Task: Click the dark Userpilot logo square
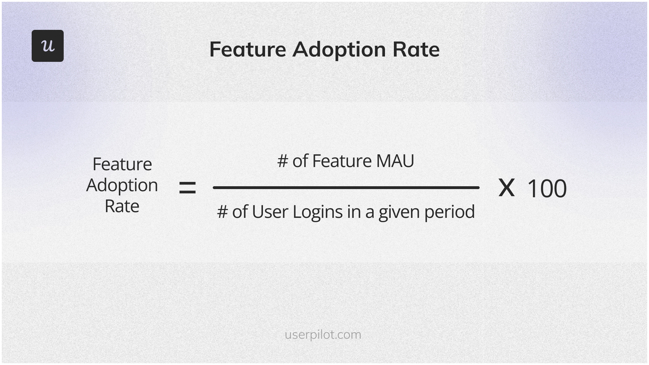[48, 46]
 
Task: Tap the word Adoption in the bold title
[339, 50]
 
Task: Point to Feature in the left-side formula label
[122, 164]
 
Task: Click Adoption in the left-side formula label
[122, 186]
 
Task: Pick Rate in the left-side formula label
[122, 206]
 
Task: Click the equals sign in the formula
[188, 188]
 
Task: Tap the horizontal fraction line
[346, 188]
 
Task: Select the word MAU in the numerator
[395, 161]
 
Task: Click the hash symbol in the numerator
[283, 161]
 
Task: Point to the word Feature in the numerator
[342, 161]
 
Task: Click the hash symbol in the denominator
[222, 212]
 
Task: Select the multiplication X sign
[506, 188]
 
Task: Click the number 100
[547, 188]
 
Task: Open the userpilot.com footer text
[323, 335]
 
